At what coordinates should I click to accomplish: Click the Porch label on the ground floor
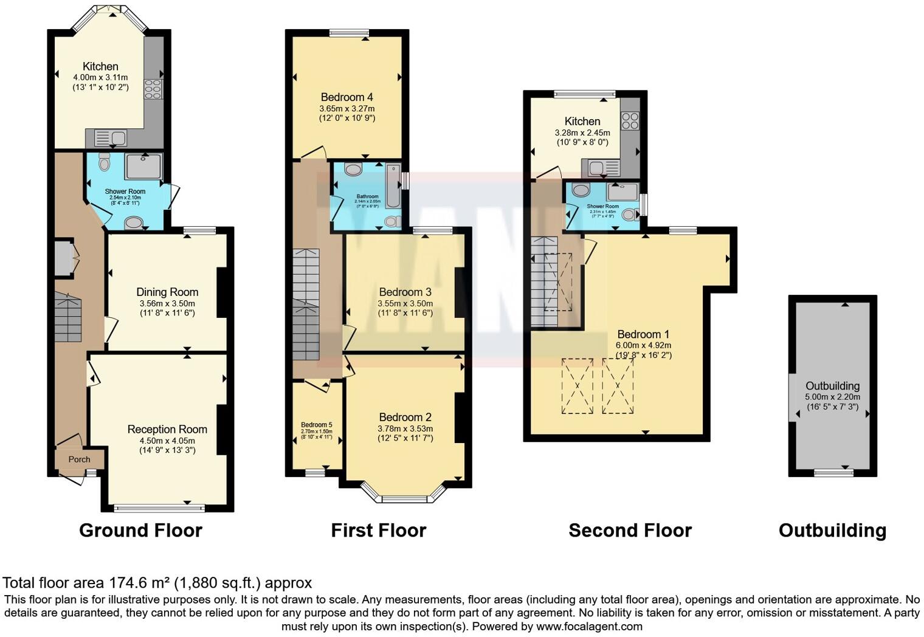(x=79, y=460)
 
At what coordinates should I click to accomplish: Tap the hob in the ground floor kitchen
(x=153, y=89)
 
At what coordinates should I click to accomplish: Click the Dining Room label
(x=167, y=292)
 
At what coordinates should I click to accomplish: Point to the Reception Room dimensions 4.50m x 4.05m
(x=167, y=441)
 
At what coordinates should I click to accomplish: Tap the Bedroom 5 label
(x=316, y=425)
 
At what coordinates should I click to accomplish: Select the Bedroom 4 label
(x=346, y=97)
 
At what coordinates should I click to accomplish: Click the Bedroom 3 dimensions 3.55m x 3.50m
(x=405, y=303)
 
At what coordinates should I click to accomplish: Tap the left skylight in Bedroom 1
(x=577, y=386)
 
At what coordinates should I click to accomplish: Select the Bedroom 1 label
(x=643, y=334)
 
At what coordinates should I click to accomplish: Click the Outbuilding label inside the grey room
(x=832, y=386)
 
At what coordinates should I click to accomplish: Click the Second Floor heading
(x=630, y=531)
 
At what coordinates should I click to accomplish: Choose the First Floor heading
(x=378, y=531)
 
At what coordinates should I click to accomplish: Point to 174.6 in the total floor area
(x=128, y=583)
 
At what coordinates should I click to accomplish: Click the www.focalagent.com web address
(x=588, y=626)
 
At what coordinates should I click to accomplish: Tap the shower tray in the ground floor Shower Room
(x=144, y=167)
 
